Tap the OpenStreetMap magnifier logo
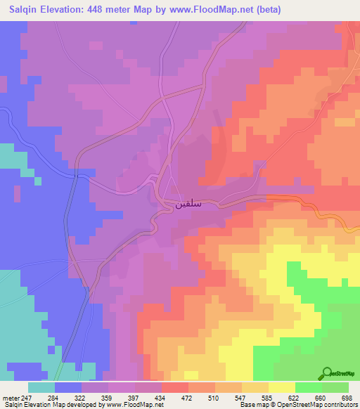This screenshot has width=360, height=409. tap(328, 374)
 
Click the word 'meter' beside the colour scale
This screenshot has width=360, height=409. tap(10, 398)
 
